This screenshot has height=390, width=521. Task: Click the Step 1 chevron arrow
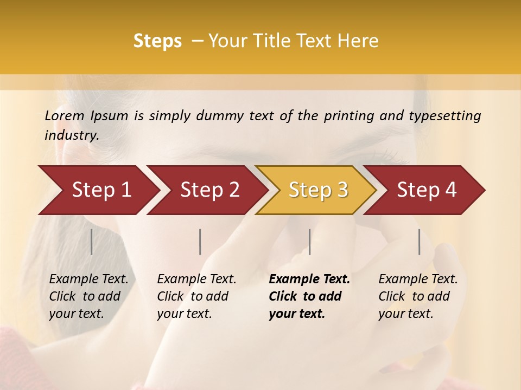click(98, 190)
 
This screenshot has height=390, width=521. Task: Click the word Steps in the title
click(157, 41)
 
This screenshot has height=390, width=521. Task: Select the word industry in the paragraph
click(71, 135)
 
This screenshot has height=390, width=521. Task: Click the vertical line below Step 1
click(92, 242)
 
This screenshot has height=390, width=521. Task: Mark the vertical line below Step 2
click(200, 242)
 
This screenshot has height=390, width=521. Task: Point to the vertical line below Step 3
click(310, 242)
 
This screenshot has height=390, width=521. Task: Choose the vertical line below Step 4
click(420, 242)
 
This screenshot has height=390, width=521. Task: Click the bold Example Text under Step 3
click(309, 279)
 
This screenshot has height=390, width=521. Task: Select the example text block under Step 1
click(88, 296)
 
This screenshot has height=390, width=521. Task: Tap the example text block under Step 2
click(196, 296)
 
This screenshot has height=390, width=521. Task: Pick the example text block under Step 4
click(418, 296)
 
